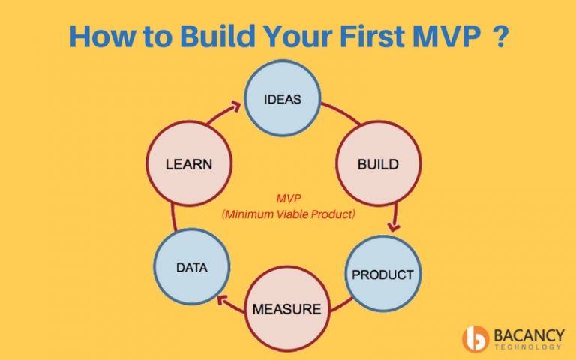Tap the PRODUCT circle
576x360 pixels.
382,273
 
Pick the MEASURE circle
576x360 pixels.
286,307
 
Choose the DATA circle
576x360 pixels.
191,266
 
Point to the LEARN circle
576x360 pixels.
189,164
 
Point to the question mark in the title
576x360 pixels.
498,37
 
